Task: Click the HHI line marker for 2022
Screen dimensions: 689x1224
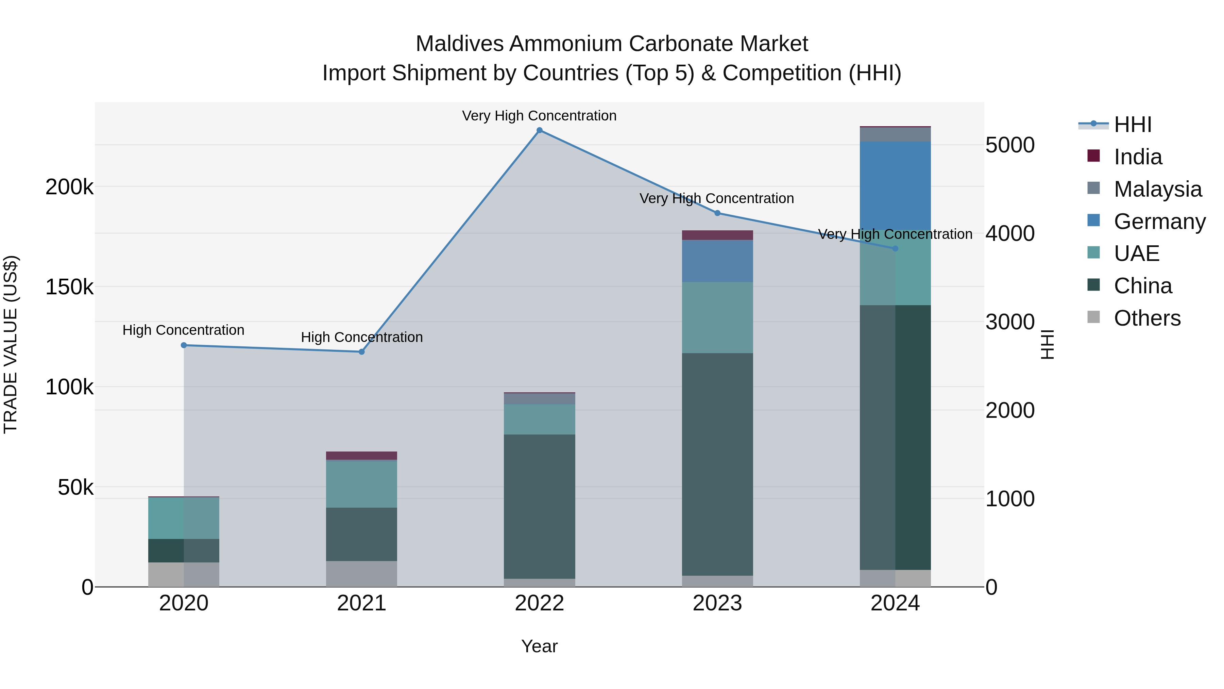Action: tap(539, 130)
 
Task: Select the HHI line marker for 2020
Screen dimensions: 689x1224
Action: tap(184, 345)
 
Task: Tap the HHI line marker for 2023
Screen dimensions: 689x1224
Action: tap(717, 213)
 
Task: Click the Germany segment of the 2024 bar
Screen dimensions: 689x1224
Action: tap(895, 185)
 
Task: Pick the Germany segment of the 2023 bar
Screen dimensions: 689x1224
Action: tap(717, 261)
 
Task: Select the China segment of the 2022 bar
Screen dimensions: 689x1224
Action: tap(539, 506)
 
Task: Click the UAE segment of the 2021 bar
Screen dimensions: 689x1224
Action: tap(362, 485)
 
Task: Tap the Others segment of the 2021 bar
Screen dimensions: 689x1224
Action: tap(362, 574)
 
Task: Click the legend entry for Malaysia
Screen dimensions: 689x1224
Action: tap(1157, 189)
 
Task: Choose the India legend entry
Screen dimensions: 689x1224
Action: tap(1138, 157)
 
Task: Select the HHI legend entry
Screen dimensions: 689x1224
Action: tap(1132, 125)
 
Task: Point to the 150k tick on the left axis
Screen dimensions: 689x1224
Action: tap(69, 287)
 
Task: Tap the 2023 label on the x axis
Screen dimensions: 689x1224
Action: tap(717, 603)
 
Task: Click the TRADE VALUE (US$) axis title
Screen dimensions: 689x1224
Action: tap(11, 344)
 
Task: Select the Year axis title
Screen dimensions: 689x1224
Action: tap(539, 646)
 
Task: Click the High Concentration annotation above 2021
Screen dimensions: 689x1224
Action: tap(362, 337)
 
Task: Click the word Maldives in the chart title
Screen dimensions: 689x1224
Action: tap(459, 44)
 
